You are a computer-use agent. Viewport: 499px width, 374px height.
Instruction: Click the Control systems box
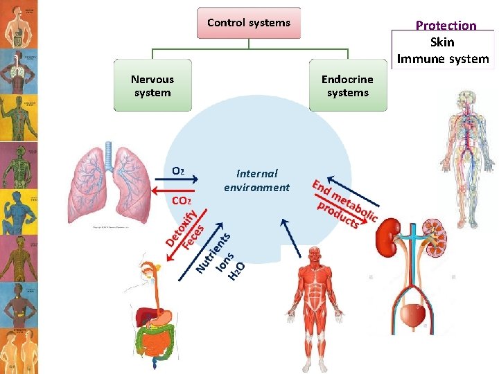249,23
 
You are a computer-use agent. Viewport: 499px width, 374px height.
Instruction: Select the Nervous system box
152,87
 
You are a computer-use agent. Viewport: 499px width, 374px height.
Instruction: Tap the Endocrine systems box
348,87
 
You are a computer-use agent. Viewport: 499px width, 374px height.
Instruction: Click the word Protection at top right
446,26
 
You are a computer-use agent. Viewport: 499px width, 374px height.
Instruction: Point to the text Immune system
443,59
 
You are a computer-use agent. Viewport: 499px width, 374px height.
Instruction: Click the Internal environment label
256,180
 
